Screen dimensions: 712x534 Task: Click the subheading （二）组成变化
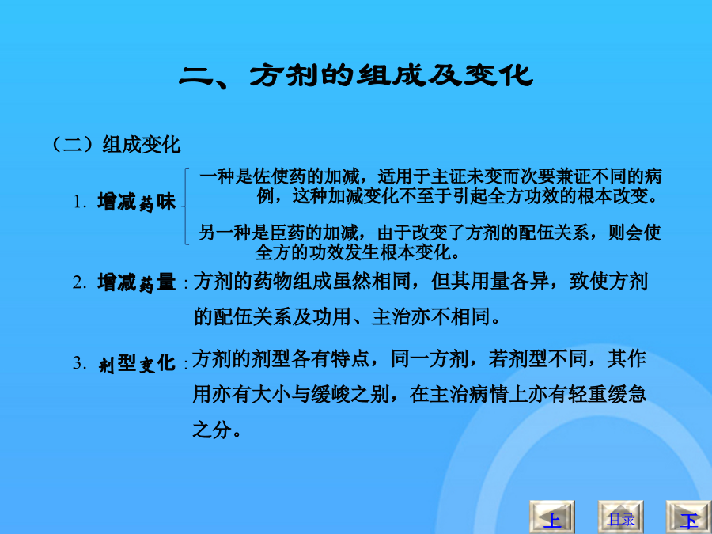click(x=117, y=145)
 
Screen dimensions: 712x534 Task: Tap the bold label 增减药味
click(x=136, y=202)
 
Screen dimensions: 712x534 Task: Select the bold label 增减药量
click(x=136, y=282)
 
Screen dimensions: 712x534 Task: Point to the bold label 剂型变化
click(x=136, y=363)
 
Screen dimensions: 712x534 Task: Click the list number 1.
click(x=80, y=202)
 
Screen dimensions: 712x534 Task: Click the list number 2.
click(x=80, y=282)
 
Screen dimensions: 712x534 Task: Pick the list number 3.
click(x=80, y=363)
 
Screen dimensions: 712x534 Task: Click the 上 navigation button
click(x=552, y=517)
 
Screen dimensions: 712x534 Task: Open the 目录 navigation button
click(x=620, y=517)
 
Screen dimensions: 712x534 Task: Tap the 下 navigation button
click(x=689, y=517)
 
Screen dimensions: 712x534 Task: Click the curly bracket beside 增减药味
click(x=185, y=206)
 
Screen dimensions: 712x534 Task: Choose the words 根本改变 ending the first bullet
click(x=612, y=196)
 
